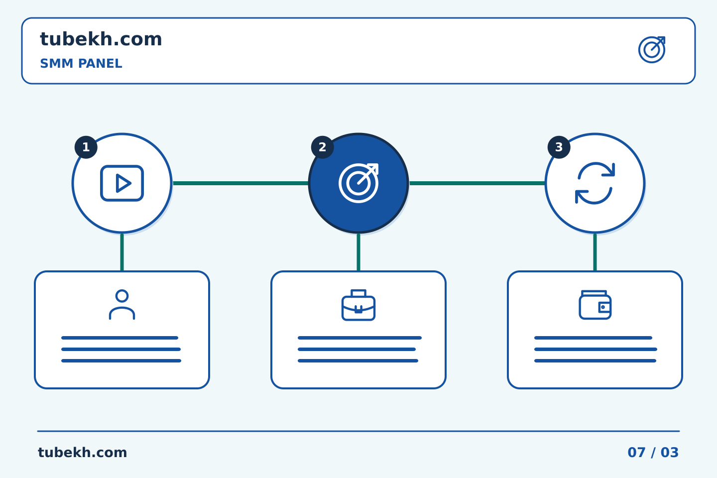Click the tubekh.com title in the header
pyautogui.click(x=101, y=39)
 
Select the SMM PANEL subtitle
pyautogui.click(x=81, y=63)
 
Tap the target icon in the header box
pyautogui.click(x=652, y=50)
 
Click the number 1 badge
pyautogui.click(x=86, y=147)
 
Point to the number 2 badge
pyautogui.click(x=322, y=147)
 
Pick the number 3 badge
pyautogui.click(x=559, y=147)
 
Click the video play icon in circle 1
pyautogui.click(x=122, y=183)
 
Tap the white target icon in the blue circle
pyautogui.click(x=358, y=183)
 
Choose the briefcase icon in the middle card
pyautogui.click(x=358, y=305)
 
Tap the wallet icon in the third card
pyautogui.click(x=595, y=305)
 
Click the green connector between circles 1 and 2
pyautogui.click(x=240, y=183)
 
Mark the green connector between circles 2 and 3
pyautogui.click(x=477, y=183)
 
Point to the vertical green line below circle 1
pyautogui.click(x=122, y=252)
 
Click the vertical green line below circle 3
pyautogui.click(x=595, y=252)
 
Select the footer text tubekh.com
pyautogui.click(x=82, y=453)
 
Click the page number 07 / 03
pyautogui.click(x=653, y=453)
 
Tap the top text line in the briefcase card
pyautogui.click(x=360, y=338)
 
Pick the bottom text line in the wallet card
pyautogui.click(x=596, y=361)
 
